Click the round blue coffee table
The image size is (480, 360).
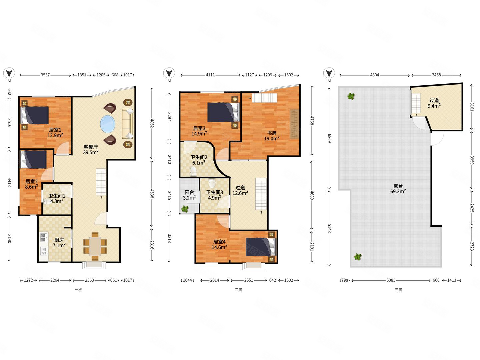click(x=108, y=124)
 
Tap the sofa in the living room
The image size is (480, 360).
click(x=127, y=123)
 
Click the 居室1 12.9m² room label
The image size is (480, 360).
click(x=55, y=132)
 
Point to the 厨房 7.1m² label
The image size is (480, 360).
click(x=59, y=243)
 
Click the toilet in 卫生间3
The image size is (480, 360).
click(x=212, y=183)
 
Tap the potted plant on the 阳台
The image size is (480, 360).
click(x=185, y=209)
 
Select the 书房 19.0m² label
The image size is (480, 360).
click(x=272, y=136)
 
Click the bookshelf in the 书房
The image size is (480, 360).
click(x=294, y=124)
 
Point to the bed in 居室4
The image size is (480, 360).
click(x=260, y=247)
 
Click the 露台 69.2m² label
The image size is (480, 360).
click(x=398, y=189)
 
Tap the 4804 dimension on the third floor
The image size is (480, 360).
click(x=374, y=75)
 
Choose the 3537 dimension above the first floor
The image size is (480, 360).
click(x=45, y=75)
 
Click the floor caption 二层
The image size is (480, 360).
click(x=238, y=290)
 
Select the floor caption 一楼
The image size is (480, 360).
click(x=78, y=290)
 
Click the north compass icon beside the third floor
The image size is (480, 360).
click(x=329, y=73)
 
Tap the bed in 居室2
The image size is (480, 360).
click(x=34, y=159)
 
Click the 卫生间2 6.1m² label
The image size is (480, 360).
click(x=199, y=160)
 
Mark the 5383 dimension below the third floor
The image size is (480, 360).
click(x=391, y=280)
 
